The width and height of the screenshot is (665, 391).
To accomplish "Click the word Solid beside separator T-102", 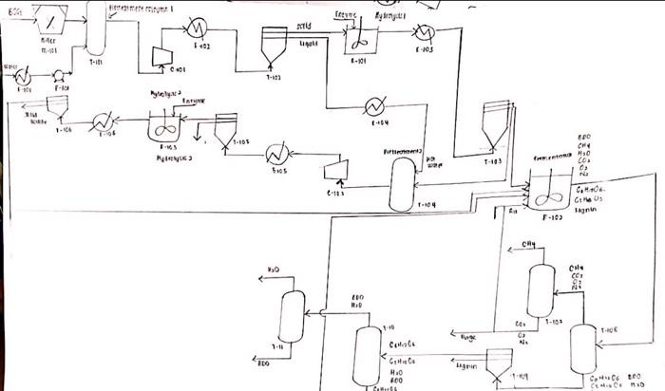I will pos(304,28).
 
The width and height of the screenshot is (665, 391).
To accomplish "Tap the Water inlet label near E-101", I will pos(10,67).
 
